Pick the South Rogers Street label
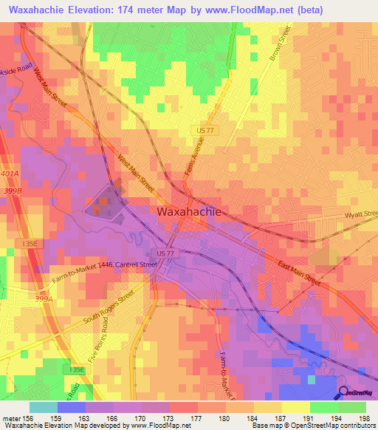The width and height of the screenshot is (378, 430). coord(108,308)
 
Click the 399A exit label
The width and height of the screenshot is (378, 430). coord(44,299)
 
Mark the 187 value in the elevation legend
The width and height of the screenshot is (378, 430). coord(269,417)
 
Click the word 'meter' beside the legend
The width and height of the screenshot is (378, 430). coord(11,417)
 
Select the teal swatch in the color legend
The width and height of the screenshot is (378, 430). coord(43,406)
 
